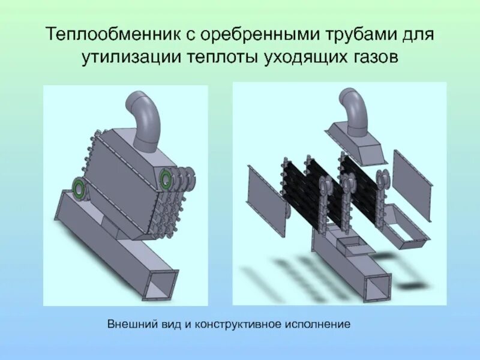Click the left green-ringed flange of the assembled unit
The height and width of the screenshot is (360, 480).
(79, 187)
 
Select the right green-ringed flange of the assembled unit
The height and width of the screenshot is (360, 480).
(166, 177)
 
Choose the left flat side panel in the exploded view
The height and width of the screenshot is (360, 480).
(263, 190)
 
